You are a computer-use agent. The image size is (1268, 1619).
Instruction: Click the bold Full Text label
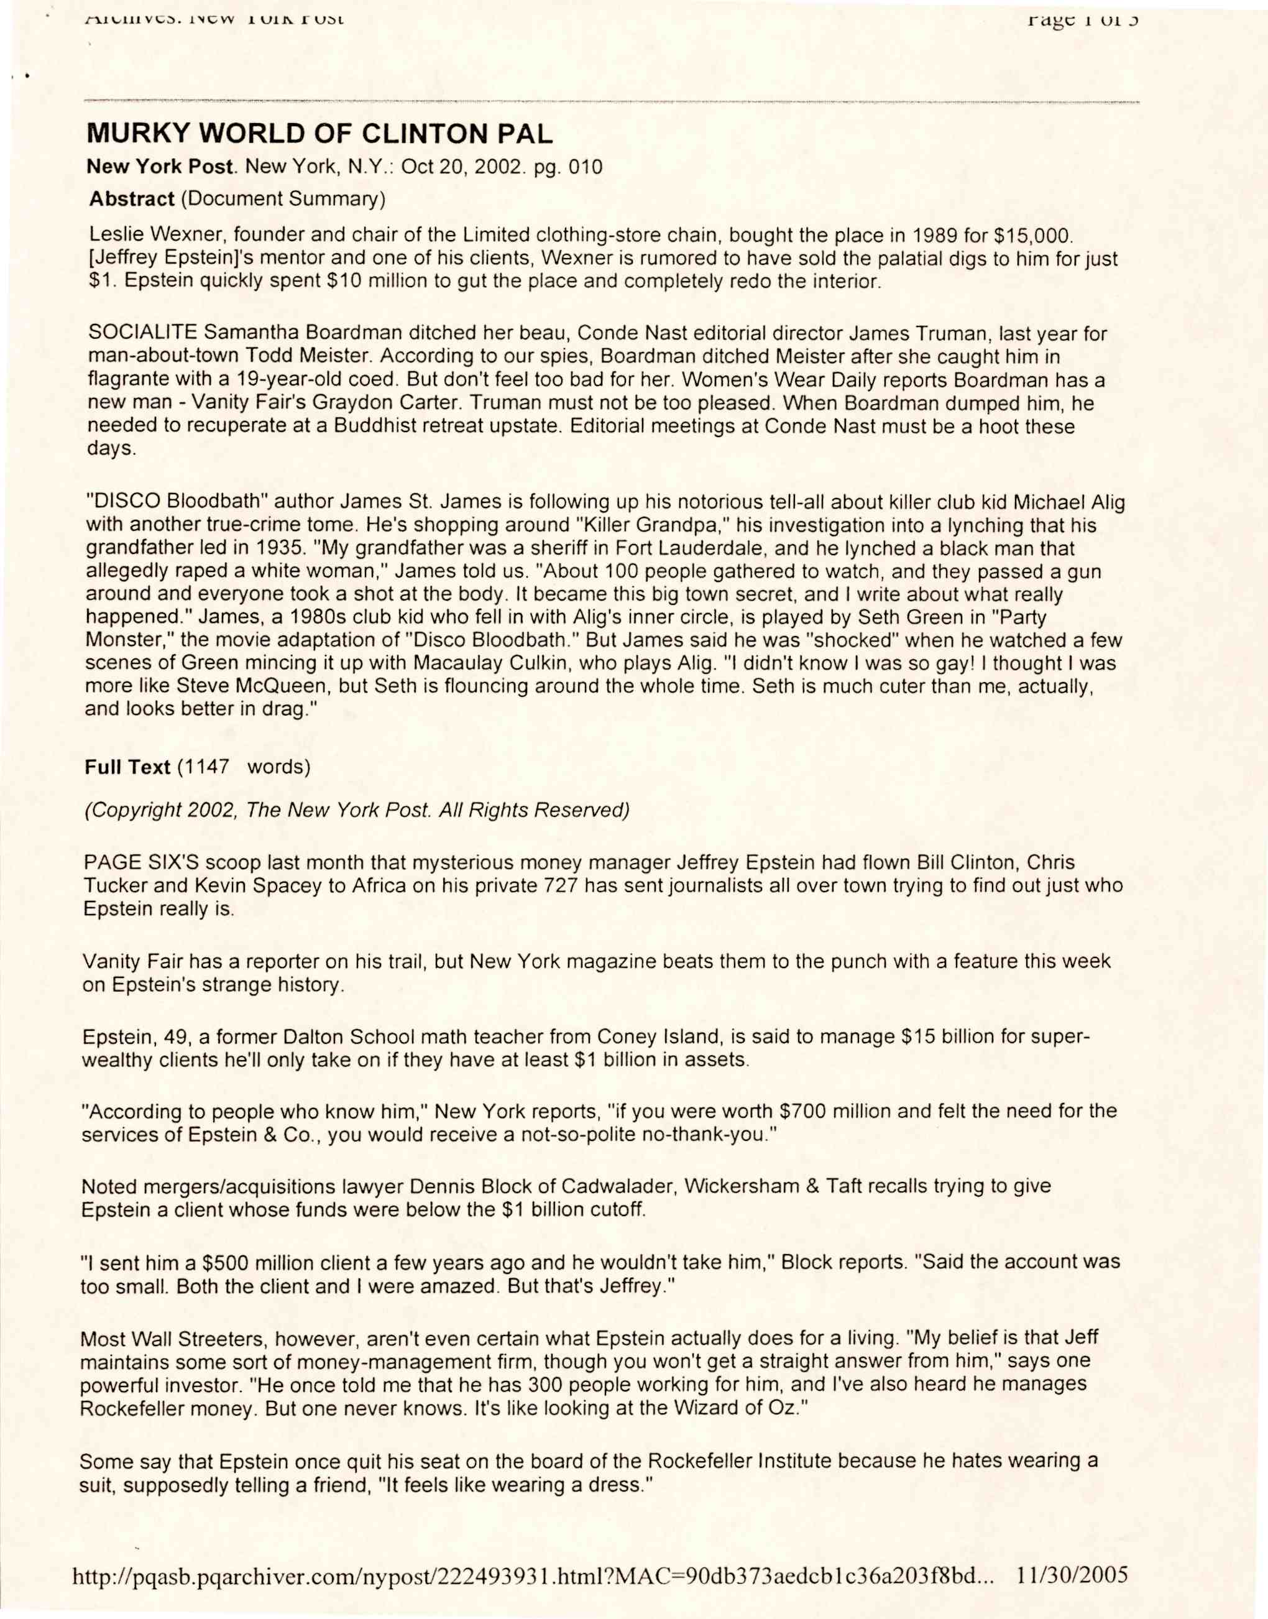coord(127,767)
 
